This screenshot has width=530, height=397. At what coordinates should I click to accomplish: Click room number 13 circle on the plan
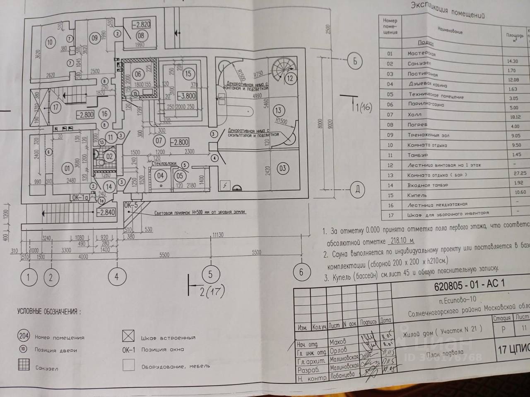(278, 110)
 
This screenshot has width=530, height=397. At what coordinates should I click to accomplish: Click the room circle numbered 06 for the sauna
(138, 75)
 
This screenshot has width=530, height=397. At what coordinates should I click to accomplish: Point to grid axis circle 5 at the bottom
(211, 274)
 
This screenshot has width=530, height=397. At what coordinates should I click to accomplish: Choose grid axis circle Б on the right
(355, 61)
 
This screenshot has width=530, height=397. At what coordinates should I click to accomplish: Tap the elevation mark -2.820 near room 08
(141, 24)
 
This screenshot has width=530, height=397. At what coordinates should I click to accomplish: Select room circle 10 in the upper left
(50, 42)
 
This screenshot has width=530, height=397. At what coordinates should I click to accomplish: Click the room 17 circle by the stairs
(56, 107)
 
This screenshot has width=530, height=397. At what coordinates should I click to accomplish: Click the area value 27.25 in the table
(520, 174)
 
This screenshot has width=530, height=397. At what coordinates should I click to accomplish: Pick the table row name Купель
(417, 195)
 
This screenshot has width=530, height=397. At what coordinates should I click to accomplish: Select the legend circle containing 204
(24, 335)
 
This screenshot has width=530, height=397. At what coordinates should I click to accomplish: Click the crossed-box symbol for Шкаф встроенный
(128, 336)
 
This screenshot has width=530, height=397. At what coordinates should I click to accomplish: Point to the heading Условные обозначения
(49, 312)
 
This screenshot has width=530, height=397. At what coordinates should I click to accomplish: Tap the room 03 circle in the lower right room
(283, 168)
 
